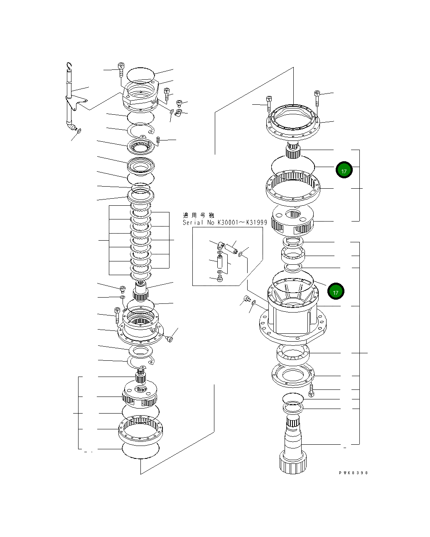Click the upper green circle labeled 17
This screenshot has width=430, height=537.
[x=344, y=170]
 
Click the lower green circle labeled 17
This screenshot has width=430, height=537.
[x=336, y=292]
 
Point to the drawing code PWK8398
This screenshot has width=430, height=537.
[x=353, y=473]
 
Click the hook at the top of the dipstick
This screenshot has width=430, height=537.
[x=70, y=66]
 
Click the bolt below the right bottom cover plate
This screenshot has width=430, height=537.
[x=312, y=390]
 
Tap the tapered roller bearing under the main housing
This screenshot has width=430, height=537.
[x=292, y=353]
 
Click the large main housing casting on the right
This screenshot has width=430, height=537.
[x=293, y=316]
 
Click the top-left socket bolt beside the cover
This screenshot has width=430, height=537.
[x=121, y=69]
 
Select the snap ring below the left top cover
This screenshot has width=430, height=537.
[x=141, y=131]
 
